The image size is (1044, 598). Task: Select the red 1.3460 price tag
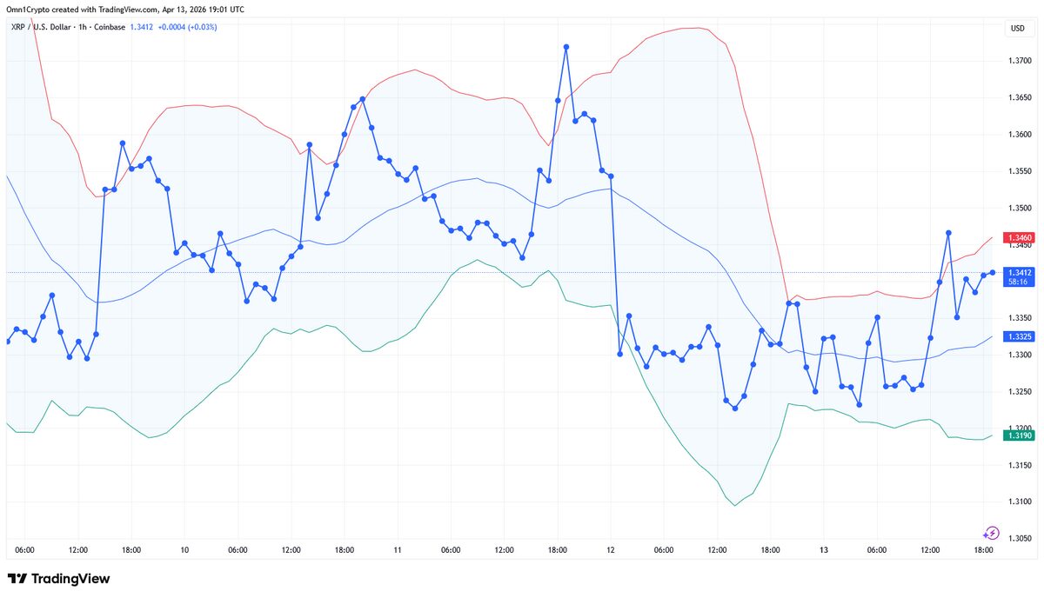(1019, 237)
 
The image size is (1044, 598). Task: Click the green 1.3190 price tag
(1019, 435)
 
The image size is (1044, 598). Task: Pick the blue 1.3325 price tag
(1019, 336)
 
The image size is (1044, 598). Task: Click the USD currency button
(1017, 29)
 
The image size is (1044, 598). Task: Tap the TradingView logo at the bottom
(58, 579)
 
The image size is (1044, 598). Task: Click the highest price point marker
(566, 46)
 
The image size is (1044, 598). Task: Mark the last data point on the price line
(992, 273)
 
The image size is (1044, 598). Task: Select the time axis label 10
(184, 550)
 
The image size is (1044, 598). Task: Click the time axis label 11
(398, 550)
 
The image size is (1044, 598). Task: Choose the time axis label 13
(823, 550)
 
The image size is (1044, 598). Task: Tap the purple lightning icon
(991, 533)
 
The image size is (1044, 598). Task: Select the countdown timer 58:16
(1016, 282)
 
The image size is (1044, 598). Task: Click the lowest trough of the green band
(735, 505)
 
